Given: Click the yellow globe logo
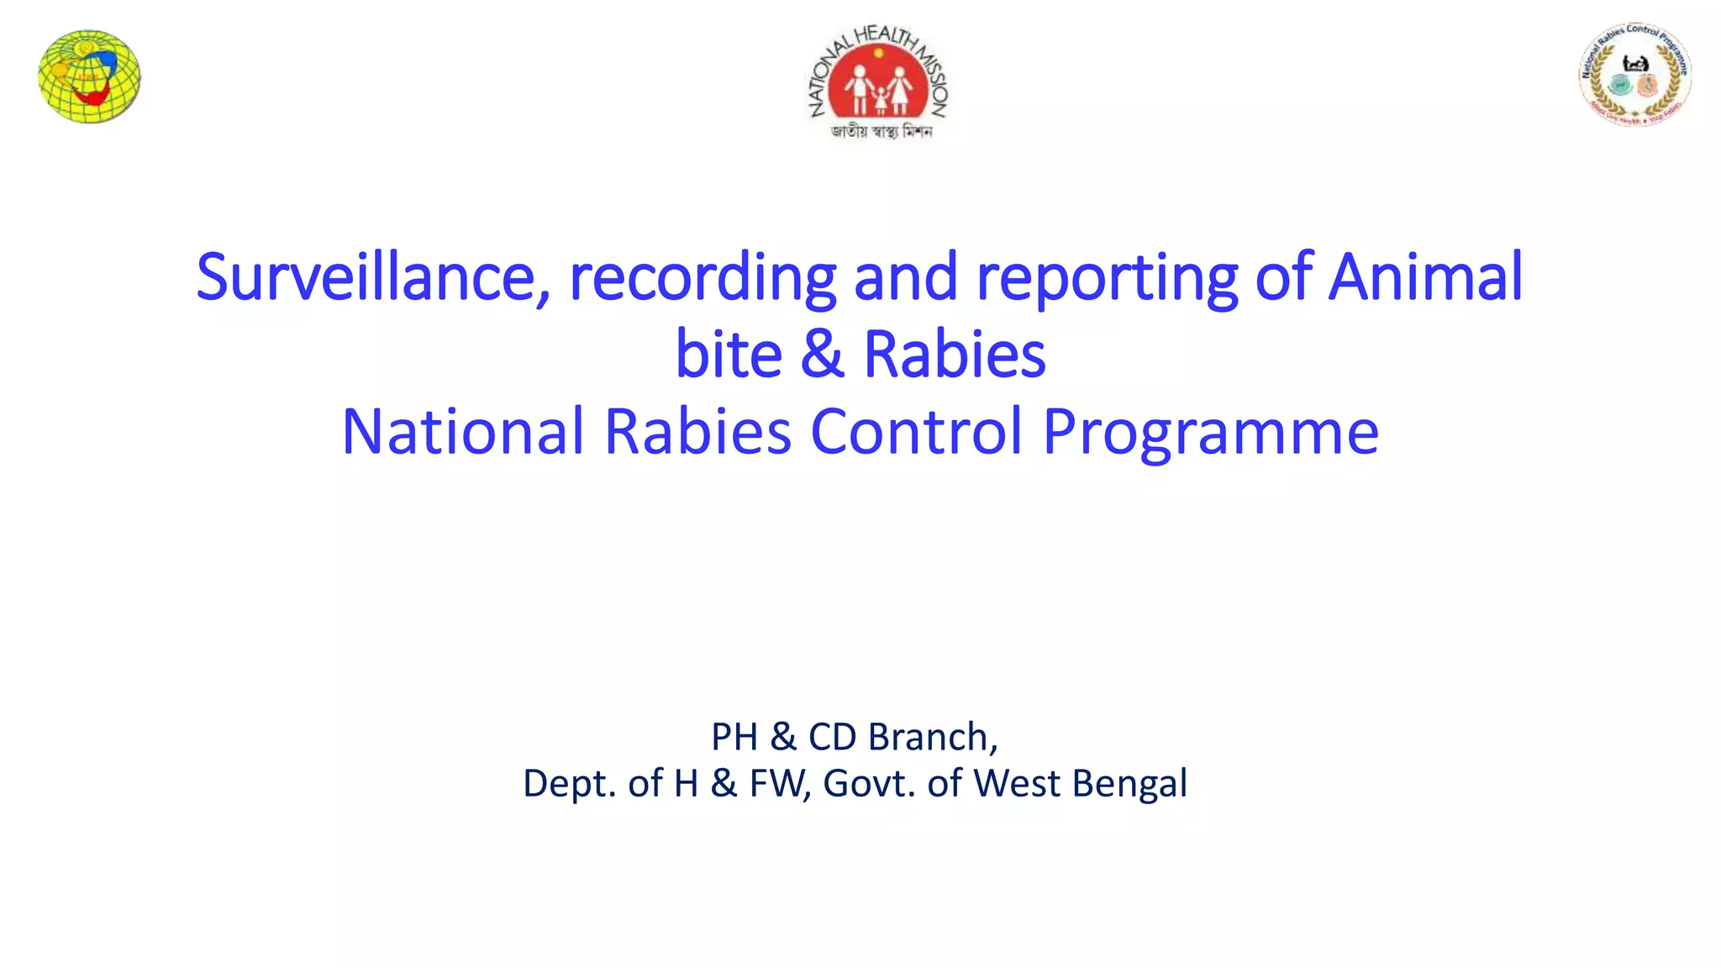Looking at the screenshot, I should (89, 76).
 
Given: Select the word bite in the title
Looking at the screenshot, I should (729, 354).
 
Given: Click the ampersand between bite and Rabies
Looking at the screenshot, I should (822, 354).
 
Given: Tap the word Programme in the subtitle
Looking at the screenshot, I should (1210, 431).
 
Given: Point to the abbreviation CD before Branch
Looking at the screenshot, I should (832, 737).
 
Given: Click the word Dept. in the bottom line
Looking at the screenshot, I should (569, 783).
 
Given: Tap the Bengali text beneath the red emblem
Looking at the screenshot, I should (881, 131).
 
